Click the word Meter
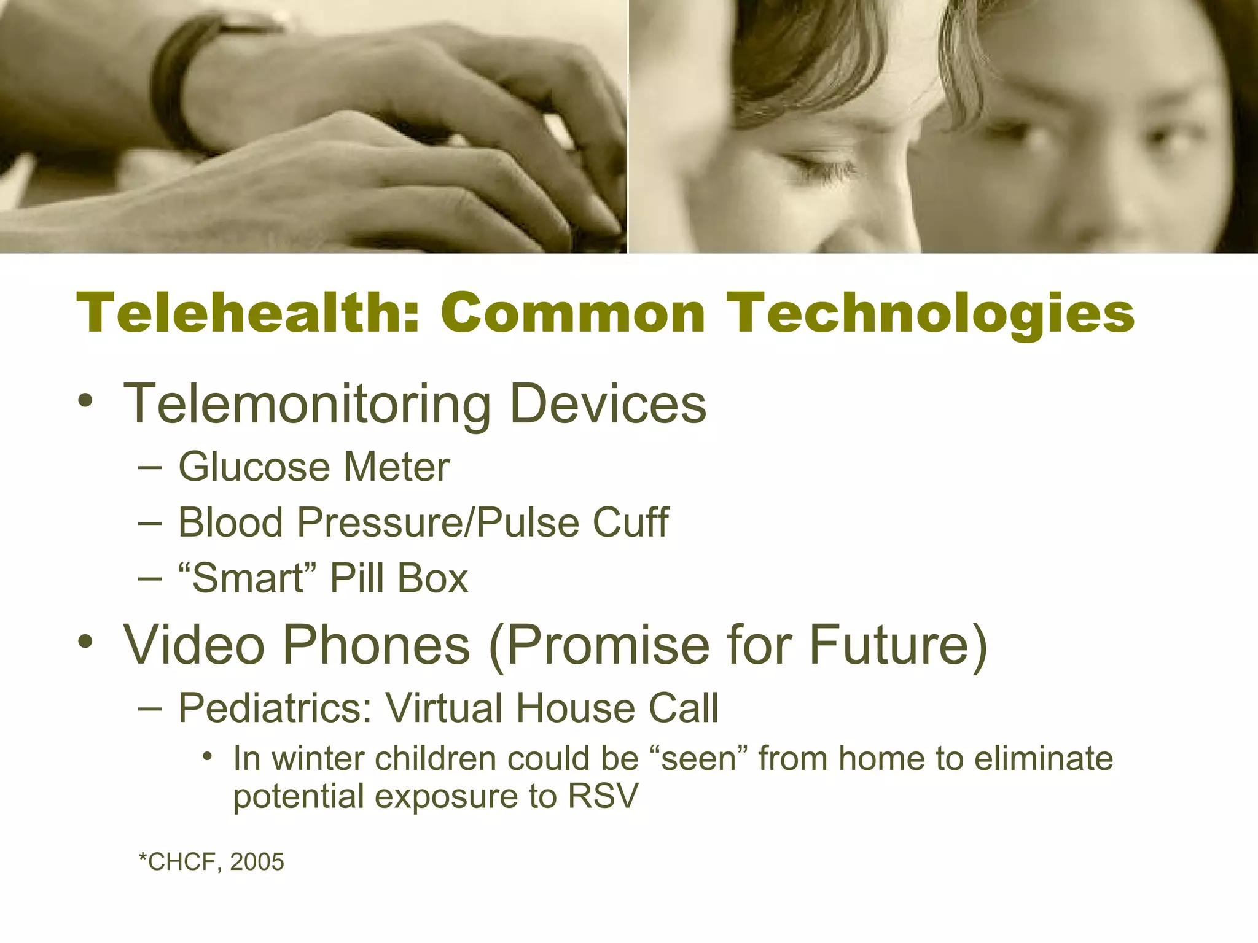tap(396, 467)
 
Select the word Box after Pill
tap(432, 578)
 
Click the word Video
tap(194, 645)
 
